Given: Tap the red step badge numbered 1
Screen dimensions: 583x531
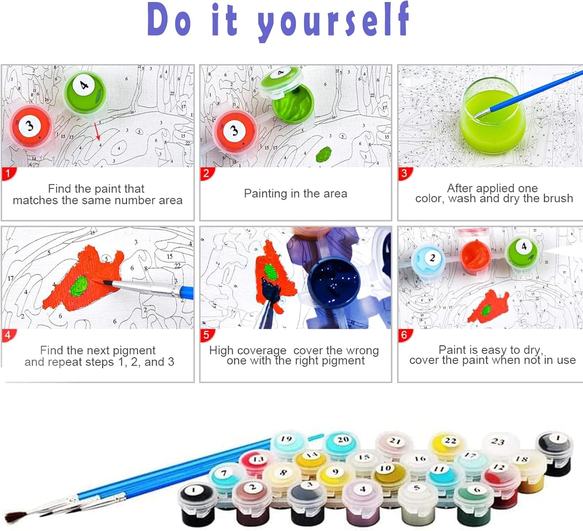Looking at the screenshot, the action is (9, 173).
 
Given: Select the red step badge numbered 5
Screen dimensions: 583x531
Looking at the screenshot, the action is (207, 335).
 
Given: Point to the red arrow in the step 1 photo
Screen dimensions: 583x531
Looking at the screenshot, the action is (97, 131).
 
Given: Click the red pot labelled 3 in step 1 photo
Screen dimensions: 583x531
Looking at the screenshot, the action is (31, 128).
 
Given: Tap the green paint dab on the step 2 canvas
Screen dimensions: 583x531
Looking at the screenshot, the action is (324, 154).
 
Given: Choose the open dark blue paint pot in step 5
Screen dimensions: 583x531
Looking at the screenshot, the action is (334, 281).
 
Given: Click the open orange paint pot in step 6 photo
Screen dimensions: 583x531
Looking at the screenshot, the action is (475, 256).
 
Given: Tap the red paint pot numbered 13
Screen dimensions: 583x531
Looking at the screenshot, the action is (256, 463).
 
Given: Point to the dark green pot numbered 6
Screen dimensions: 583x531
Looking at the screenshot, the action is (474, 505).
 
